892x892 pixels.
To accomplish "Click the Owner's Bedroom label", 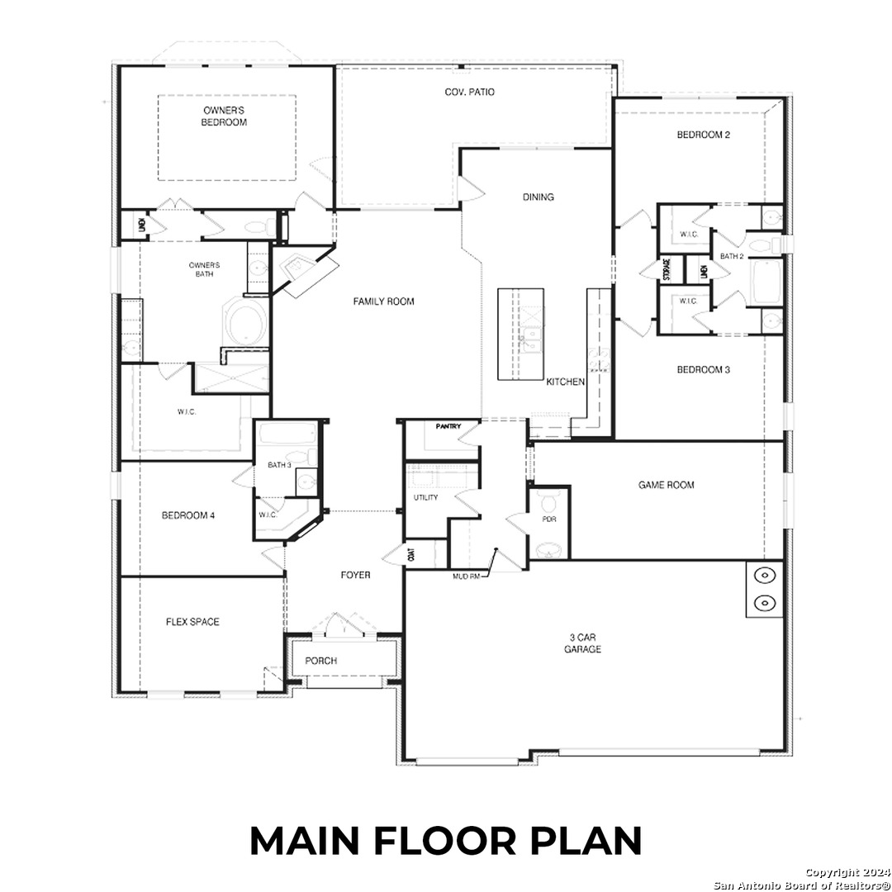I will (225, 116).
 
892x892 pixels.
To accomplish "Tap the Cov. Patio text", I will (469, 93).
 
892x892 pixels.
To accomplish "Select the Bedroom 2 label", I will (703, 135).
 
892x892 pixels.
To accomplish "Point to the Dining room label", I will (538, 197).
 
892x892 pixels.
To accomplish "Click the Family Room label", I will (383, 302).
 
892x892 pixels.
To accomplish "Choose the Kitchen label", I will (566, 382).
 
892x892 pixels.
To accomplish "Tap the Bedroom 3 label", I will (703, 370).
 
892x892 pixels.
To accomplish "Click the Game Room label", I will (666, 486).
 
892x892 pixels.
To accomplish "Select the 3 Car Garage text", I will (584, 643).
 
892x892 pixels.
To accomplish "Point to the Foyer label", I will (356, 575).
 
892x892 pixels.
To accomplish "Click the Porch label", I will (320, 661).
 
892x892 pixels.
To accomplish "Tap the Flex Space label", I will (192, 622).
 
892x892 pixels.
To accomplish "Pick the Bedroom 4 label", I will (188, 516).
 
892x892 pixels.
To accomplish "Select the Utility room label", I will (425, 498).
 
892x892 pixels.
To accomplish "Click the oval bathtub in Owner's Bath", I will (244, 322).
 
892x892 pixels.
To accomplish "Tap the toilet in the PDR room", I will (548, 501).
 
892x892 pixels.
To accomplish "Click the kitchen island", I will (520, 334).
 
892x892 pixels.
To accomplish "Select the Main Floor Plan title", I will (446, 841).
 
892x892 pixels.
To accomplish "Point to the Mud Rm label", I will (467, 576).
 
